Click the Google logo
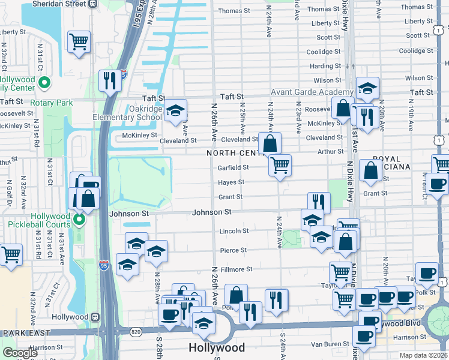click(20, 353)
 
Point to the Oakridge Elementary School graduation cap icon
click(175, 111)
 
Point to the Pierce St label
click(234, 250)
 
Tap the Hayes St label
click(231, 182)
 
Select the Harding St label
click(326, 66)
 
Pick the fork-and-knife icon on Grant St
click(319, 202)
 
